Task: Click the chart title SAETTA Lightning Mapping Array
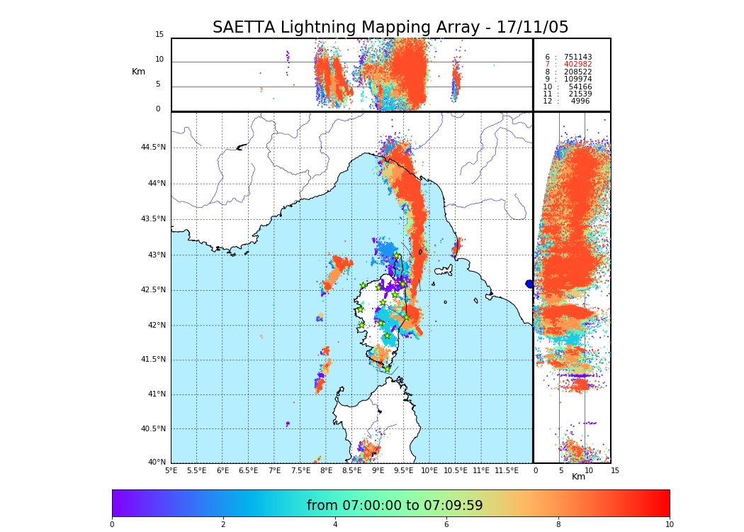click(390, 28)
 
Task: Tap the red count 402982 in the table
click(577, 65)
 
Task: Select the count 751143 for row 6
click(577, 57)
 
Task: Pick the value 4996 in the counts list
click(580, 101)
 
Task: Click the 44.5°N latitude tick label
click(153, 148)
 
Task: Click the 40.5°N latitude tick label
click(153, 429)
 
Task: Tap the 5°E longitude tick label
click(171, 470)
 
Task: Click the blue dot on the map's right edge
click(529, 284)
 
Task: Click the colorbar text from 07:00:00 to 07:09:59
click(395, 506)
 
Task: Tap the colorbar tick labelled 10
click(669, 524)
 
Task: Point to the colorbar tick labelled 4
click(335, 524)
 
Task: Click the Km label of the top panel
click(138, 72)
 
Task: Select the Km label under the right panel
click(578, 477)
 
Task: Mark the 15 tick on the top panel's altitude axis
click(159, 35)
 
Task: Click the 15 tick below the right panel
click(615, 470)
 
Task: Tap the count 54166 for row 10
click(580, 87)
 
